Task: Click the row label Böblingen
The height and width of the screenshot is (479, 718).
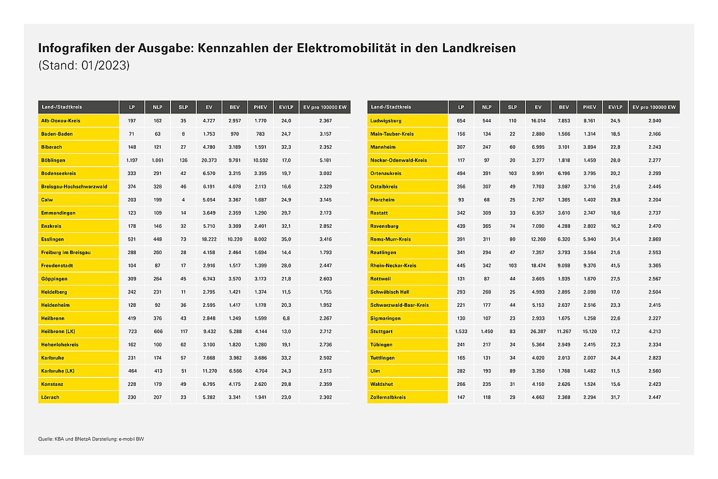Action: [x=53, y=160]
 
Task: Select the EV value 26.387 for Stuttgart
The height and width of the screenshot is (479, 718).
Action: [x=538, y=331]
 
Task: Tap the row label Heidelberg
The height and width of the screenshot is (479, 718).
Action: [x=54, y=292]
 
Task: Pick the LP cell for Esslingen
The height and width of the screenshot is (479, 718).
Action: [x=132, y=239]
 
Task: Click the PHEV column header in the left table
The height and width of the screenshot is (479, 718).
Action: [x=260, y=107]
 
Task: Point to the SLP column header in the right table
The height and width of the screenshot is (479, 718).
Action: [x=512, y=107]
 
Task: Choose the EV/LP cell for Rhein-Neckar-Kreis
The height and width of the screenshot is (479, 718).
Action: [x=615, y=265]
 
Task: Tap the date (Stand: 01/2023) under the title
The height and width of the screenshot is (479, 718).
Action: [x=84, y=66]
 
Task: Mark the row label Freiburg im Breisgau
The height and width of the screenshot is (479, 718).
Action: [x=66, y=252]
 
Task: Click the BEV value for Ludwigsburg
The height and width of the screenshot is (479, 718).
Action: [x=564, y=121]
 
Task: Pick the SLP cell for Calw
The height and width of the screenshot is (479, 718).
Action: [x=183, y=200]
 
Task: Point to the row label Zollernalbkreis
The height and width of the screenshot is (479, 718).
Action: [x=388, y=397]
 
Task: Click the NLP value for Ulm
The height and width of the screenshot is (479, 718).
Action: [x=486, y=371]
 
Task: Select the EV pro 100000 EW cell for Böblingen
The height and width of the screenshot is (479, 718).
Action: [x=325, y=160]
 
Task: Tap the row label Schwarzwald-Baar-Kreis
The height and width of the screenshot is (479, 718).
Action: [x=399, y=305]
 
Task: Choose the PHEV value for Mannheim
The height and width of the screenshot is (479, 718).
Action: [x=589, y=147]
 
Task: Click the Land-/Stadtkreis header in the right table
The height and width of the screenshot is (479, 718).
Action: [x=391, y=107]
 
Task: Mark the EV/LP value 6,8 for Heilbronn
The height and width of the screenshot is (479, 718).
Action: [x=286, y=319]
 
